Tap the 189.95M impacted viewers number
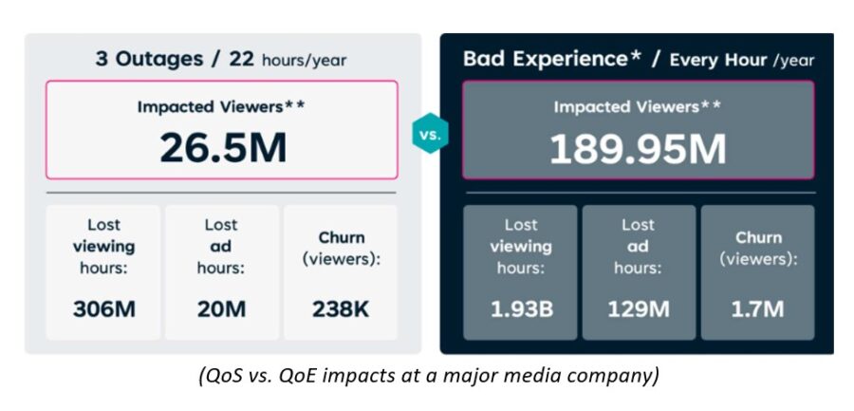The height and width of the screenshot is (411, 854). pos(638,149)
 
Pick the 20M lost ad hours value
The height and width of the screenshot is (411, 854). pos(222,308)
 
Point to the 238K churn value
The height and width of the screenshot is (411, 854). pos(341,308)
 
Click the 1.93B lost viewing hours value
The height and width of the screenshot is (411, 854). pos(521,308)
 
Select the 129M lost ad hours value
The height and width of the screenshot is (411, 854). pos(638,308)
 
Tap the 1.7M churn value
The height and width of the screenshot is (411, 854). pos(757,308)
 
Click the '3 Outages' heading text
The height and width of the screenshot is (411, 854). pos(149,59)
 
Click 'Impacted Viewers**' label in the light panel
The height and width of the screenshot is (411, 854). pos(222,106)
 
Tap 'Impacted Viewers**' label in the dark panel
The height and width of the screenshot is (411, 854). pos(638,107)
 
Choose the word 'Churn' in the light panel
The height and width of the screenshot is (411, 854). pos(341,237)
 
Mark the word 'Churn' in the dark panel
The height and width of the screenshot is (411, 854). pos(758,237)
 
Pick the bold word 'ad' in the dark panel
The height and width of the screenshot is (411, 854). pos(638,247)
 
